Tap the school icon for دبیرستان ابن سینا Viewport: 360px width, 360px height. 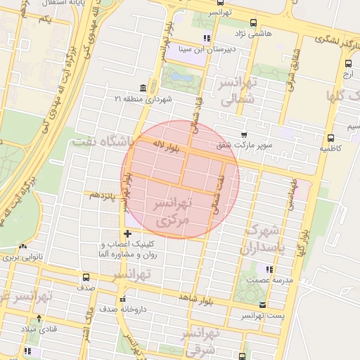tap(206, 38)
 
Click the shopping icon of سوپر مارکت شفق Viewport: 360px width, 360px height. tap(243, 134)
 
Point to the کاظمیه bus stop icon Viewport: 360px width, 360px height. tap(330, 138)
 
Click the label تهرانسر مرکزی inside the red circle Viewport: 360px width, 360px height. tap(172, 212)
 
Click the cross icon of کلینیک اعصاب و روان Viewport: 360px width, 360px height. tap(127, 233)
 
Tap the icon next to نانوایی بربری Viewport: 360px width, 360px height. tap(23, 247)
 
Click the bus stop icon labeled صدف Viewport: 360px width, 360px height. tap(86, 277)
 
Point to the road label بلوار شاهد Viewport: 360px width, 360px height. tap(195, 298)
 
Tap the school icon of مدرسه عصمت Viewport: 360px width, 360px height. tap(269, 269)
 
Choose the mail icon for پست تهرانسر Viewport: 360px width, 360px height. tap(262, 305)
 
